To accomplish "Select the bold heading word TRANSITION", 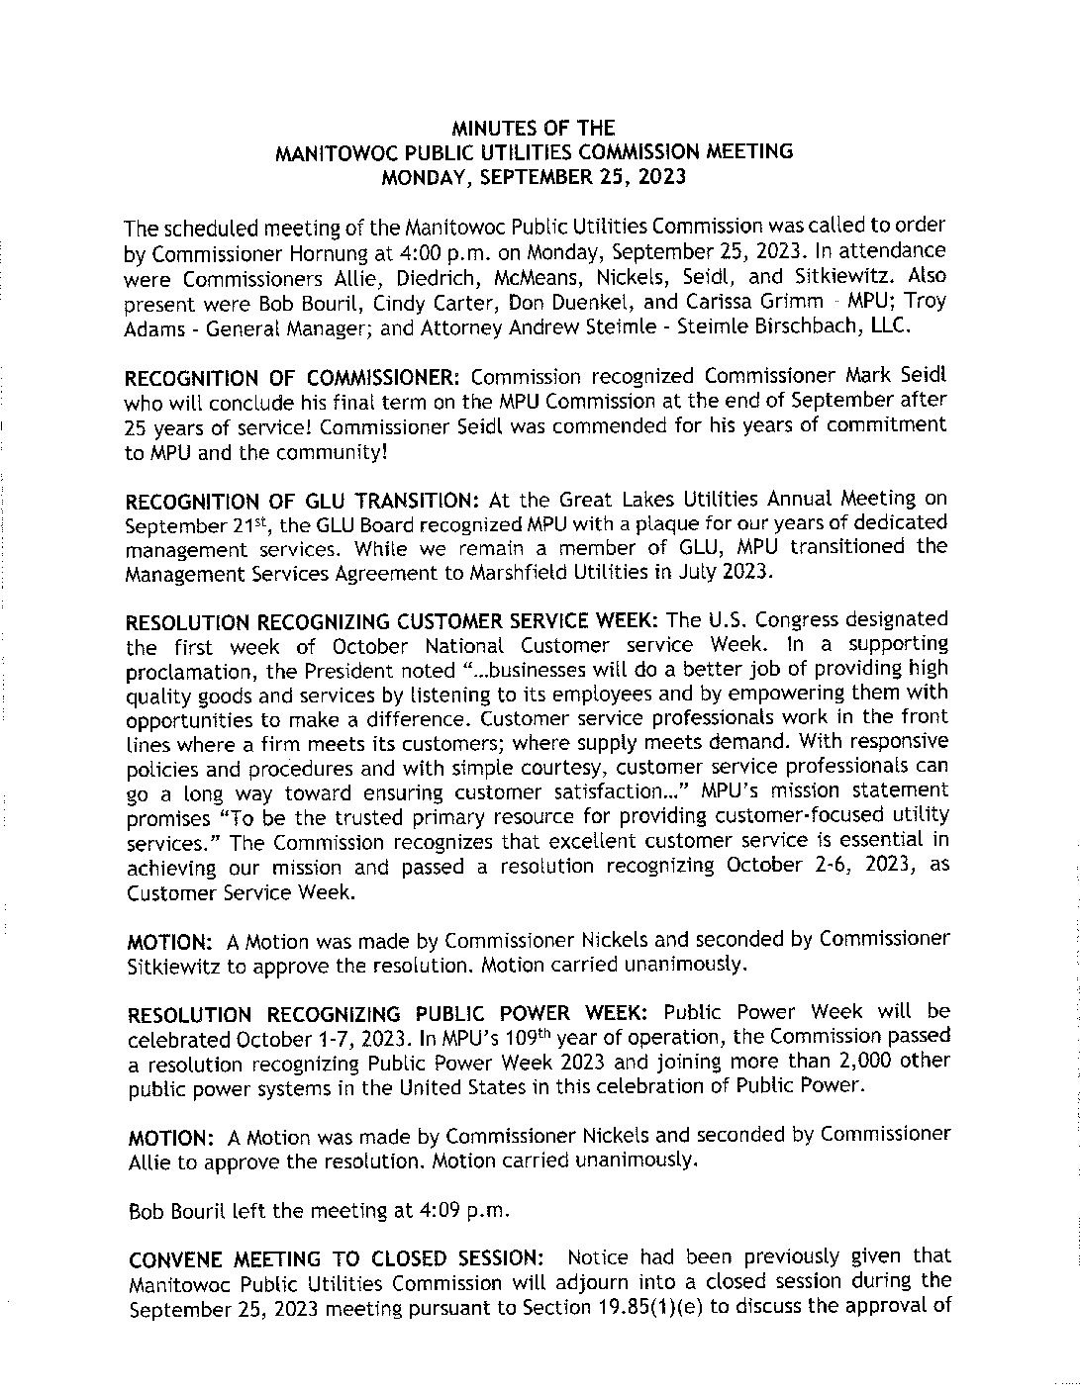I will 406,499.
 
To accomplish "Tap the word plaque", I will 635,522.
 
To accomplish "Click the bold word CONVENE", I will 175,1259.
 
